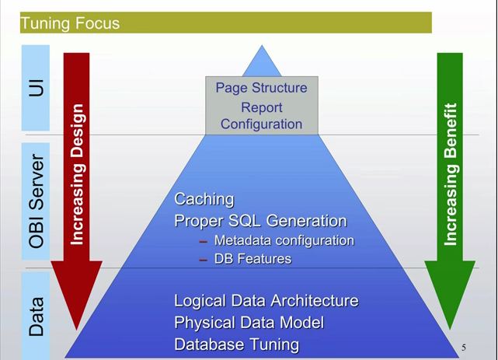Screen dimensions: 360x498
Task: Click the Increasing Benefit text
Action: (x=452, y=175)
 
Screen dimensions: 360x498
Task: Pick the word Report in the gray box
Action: (x=260, y=106)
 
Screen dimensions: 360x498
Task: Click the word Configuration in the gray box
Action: (x=261, y=123)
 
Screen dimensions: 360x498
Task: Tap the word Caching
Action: (x=204, y=200)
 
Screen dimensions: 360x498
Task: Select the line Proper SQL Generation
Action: (x=260, y=220)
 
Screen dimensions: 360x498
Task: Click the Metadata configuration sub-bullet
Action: (x=284, y=240)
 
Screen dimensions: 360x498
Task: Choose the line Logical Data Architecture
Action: (x=266, y=300)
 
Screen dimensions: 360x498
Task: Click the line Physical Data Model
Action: (x=249, y=322)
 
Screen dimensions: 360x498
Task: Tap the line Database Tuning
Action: (x=236, y=344)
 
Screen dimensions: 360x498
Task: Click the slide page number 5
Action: (x=463, y=346)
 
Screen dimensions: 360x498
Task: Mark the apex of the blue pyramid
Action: (x=261, y=47)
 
